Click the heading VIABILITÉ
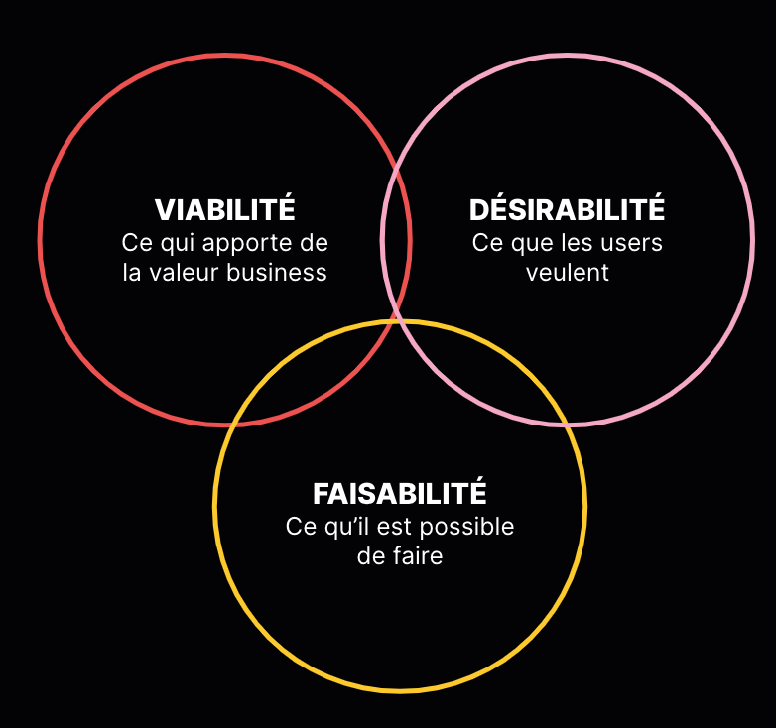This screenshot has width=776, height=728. (x=225, y=210)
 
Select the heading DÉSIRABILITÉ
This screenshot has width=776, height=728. (x=567, y=210)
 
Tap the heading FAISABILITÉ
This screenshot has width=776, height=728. (x=400, y=493)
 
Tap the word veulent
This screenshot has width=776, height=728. (x=568, y=272)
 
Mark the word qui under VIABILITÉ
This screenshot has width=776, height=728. (x=180, y=243)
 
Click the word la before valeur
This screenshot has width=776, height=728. (x=133, y=273)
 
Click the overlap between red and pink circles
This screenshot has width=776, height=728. (x=396, y=238)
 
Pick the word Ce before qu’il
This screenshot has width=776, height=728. (x=300, y=527)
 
